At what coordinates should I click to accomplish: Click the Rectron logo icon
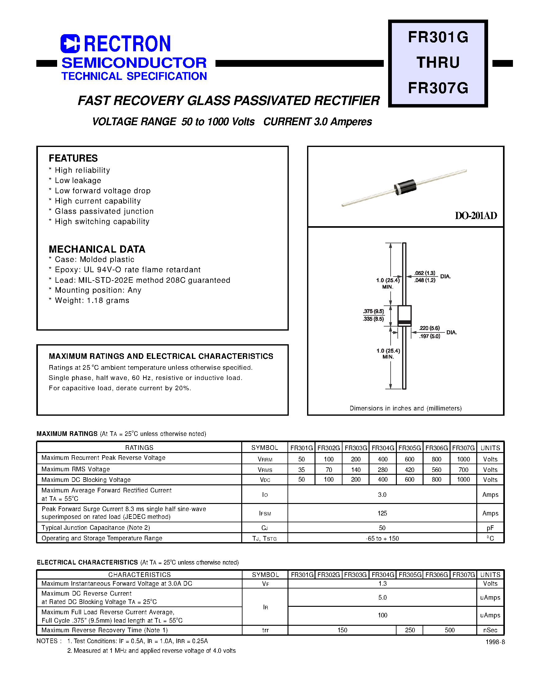coord(70,44)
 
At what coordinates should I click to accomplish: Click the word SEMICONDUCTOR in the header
coord(134,63)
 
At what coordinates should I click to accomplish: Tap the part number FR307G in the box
coord(438,88)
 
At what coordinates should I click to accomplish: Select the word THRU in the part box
coord(438,62)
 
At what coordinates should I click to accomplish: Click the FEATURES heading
coord(73,158)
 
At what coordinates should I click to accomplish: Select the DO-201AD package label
coord(476,216)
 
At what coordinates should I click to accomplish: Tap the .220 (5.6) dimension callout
coord(429,328)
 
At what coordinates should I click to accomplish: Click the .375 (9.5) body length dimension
coord(374,311)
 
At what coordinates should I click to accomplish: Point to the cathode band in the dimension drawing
coord(404,322)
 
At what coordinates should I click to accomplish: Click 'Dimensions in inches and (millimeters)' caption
coord(406,408)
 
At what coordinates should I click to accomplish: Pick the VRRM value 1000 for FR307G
coord(463,459)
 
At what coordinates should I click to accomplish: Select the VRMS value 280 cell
coord(383,470)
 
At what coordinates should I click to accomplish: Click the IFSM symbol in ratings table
coord(265,513)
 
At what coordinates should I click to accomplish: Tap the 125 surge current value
coord(382,513)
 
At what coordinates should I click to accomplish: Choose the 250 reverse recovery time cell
coord(410,630)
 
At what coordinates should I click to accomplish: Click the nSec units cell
coord(490,630)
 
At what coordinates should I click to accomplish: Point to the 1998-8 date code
coord(495,642)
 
